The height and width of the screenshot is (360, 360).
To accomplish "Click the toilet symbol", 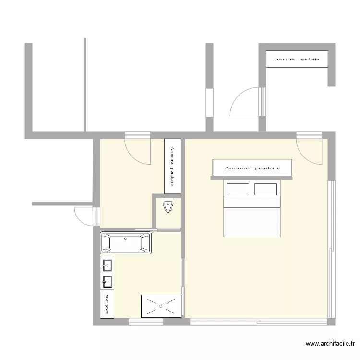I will coord(168,206).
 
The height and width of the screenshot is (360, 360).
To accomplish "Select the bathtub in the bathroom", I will coord(126,242).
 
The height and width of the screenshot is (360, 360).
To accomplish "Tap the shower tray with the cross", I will coord(161,306).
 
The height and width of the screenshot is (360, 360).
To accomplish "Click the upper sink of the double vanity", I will coord(107,264).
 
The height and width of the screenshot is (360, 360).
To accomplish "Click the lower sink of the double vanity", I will coord(107,281).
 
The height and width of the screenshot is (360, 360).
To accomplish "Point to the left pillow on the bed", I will coord(238,189).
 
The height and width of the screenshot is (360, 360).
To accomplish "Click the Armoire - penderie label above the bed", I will coord(252,168).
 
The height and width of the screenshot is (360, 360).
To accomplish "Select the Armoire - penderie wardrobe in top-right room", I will coord(297,60).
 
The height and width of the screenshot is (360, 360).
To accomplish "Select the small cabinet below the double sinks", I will coord(107,304).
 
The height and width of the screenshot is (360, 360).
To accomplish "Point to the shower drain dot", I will coord(161,306).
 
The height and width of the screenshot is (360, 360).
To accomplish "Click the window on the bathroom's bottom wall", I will coord(146,322).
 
